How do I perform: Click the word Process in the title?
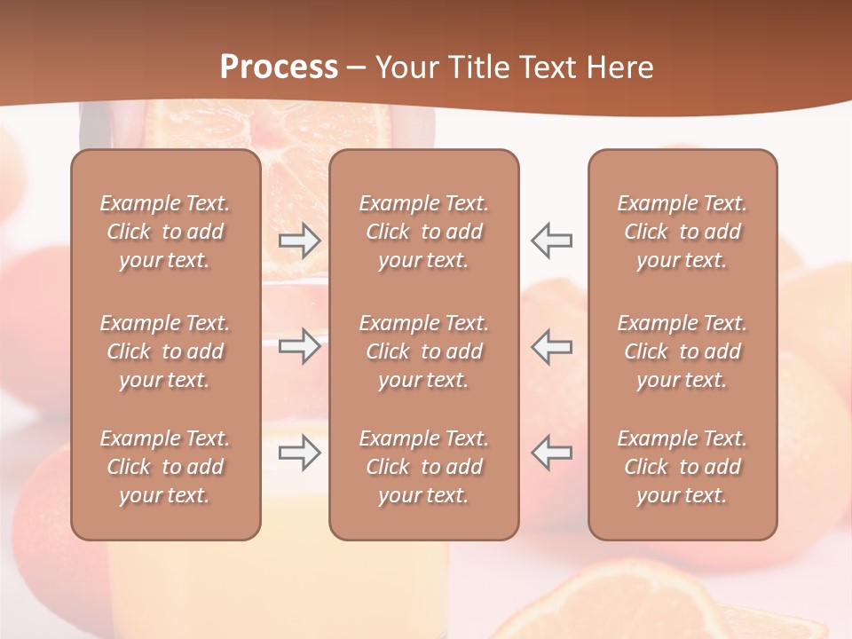point(279,67)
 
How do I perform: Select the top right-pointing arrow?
point(300,241)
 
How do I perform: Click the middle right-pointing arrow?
point(300,346)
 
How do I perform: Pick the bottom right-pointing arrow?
point(300,453)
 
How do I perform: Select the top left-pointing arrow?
point(551,241)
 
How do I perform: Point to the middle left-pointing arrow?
point(551,346)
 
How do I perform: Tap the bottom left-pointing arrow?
point(551,453)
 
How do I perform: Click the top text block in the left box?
point(165,232)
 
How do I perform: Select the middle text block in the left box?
point(165,351)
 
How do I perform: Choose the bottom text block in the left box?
point(165,467)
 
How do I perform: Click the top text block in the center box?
point(423,232)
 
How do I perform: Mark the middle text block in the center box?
point(423,351)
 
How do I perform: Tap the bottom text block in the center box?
point(423,467)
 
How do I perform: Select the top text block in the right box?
point(682,232)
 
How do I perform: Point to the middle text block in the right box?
point(682,351)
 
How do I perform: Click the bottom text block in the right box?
point(682,467)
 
